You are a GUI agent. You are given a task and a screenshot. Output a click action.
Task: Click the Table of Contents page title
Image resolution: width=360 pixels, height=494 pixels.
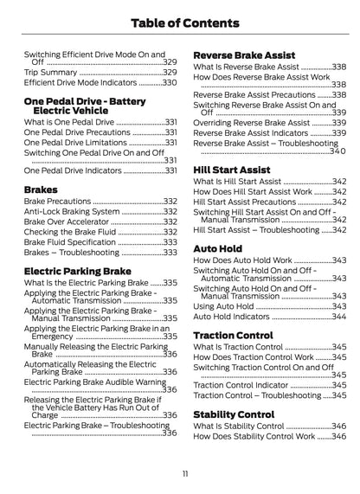(179, 21)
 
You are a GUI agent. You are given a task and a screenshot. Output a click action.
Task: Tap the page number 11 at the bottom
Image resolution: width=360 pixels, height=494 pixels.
(180, 473)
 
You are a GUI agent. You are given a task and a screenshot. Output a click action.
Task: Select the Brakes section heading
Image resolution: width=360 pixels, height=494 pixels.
(42, 188)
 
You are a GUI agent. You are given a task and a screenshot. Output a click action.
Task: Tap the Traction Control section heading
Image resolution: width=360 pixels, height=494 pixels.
(233, 335)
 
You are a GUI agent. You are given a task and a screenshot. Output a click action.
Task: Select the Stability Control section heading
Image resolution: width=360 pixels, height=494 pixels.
(234, 414)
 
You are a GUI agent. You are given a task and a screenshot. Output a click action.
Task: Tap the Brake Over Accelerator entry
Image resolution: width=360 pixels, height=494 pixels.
(69, 221)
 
